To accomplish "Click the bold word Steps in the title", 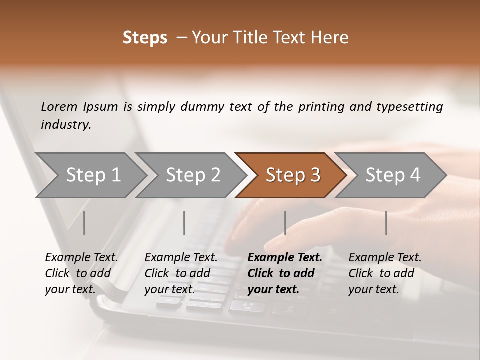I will [x=145, y=38].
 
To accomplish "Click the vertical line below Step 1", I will [x=84, y=223].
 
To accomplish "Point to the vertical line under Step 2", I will [x=184, y=223].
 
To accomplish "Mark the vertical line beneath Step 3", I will [x=285, y=223].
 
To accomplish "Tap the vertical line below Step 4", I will [x=386, y=223].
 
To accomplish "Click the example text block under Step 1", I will [x=81, y=273].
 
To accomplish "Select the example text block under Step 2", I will [x=181, y=273].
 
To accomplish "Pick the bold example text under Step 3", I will [x=285, y=273].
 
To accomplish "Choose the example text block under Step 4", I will [x=385, y=273].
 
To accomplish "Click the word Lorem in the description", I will [x=59, y=106].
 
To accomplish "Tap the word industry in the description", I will [x=66, y=125].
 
